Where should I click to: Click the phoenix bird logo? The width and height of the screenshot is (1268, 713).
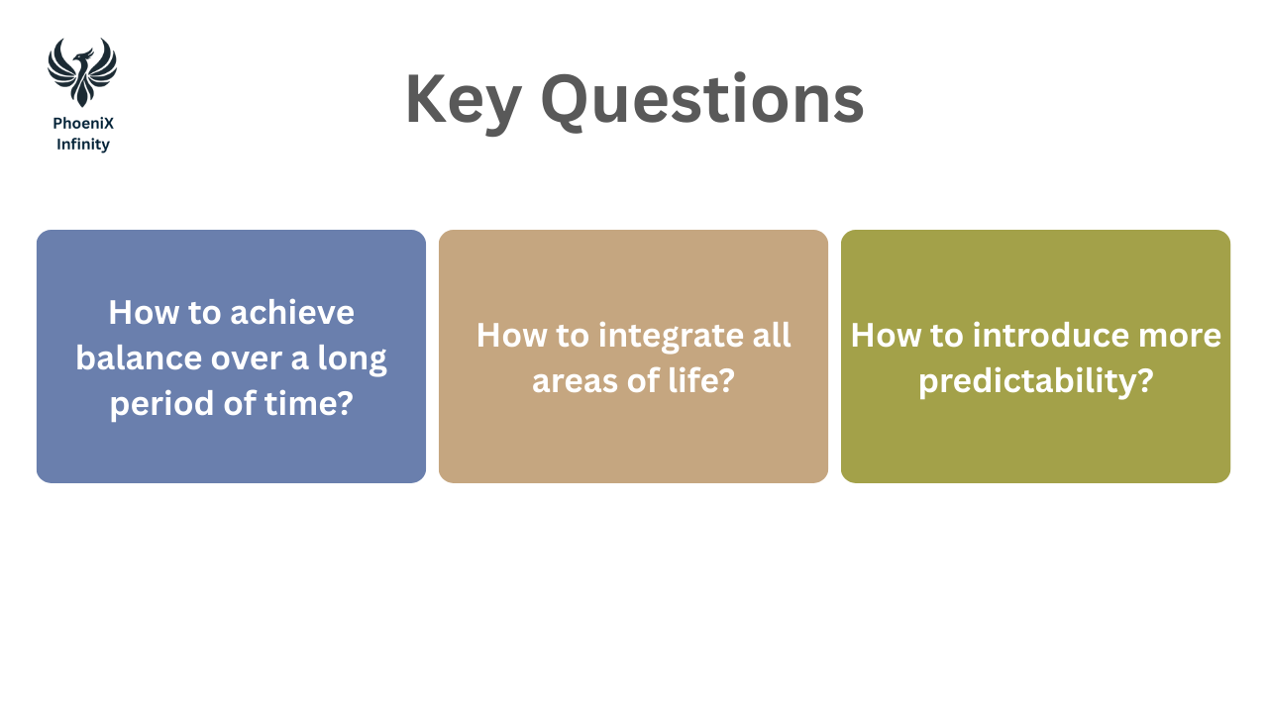[82, 72]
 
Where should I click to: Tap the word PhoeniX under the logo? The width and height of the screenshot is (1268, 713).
[83, 124]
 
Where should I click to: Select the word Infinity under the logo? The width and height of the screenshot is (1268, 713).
[83, 145]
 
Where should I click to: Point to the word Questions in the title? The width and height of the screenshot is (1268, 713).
[702, 100]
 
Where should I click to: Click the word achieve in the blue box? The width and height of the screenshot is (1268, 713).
[292, 312]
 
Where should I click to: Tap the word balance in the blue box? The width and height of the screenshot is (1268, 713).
[140, 357]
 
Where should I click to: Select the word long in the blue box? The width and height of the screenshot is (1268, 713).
[352, 359]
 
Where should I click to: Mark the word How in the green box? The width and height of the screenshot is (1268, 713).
[886, 335]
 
